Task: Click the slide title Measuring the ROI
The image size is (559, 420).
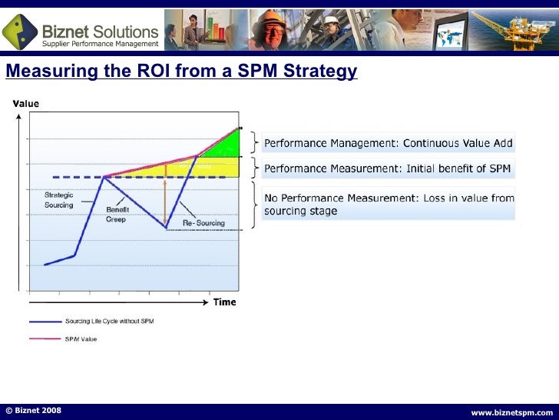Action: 181,72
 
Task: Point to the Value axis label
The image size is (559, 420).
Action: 27,104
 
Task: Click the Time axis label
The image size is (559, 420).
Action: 224,302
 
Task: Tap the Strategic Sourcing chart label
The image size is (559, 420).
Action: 58,201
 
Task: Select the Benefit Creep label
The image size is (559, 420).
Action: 117,213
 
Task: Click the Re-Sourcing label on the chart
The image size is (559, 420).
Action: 200,223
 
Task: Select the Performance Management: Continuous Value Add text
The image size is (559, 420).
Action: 388,143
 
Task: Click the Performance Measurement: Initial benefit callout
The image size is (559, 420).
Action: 387,168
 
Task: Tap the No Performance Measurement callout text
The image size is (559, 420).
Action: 389,204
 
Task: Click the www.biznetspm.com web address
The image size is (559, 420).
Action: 511,412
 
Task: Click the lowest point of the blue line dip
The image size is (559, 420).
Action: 166,227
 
